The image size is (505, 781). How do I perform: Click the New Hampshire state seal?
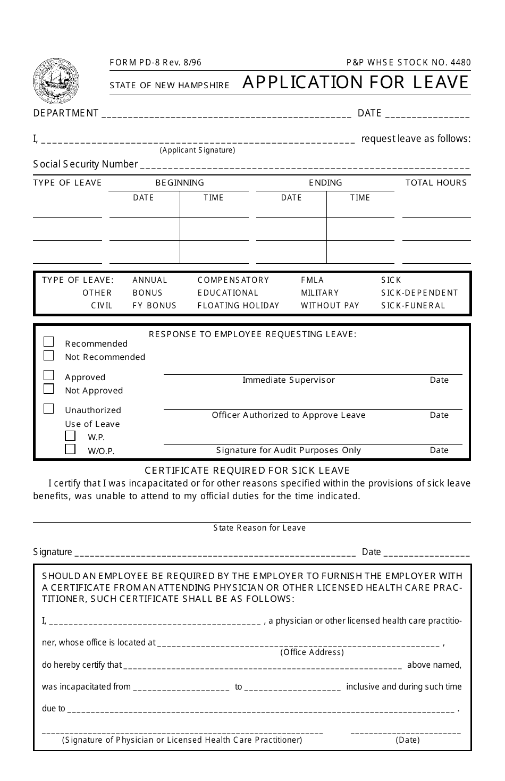click(x=56, y=81)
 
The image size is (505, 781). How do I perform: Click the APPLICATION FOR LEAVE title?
click(x=356, y=82)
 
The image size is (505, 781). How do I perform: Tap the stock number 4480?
click(x=460, y=62)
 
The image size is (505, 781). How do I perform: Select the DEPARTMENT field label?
click(x=66, y=113)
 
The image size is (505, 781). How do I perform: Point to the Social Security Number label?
click(x=86, y=164)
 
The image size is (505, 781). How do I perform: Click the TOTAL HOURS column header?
click(x=436, y=182)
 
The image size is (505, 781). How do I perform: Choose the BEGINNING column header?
click(x=179, y=182)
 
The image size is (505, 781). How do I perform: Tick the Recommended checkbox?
click(x=49, y=342)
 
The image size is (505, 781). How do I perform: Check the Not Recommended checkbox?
click(x=49, y=356)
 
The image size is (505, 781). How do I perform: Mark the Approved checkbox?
click(x=49, y=375)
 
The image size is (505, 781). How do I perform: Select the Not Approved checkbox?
click(x=49, y=389)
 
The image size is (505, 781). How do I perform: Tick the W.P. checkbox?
click(x=70, y=435)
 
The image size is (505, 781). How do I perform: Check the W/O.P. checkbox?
click(x=70, y=449)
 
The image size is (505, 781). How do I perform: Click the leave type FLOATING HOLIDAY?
click(x=238, y=305)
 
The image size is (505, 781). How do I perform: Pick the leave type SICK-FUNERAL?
click(x=413, y=305)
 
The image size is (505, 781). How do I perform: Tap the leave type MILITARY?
click(x=319, y=292)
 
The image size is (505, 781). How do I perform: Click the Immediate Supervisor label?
click(x=289, y=380)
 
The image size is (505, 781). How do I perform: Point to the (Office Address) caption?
click(x=312, y=652)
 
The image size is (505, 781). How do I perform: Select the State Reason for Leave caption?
click(x=259, y=527)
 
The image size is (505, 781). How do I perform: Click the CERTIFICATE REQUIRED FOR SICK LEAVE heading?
click(x=247, y=470)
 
